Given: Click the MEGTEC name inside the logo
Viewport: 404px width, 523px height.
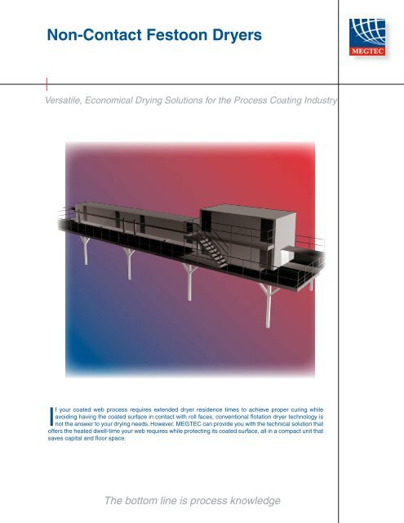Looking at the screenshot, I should tap(372, 50).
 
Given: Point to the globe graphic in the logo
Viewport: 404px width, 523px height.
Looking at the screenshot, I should tap(372, 30).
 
